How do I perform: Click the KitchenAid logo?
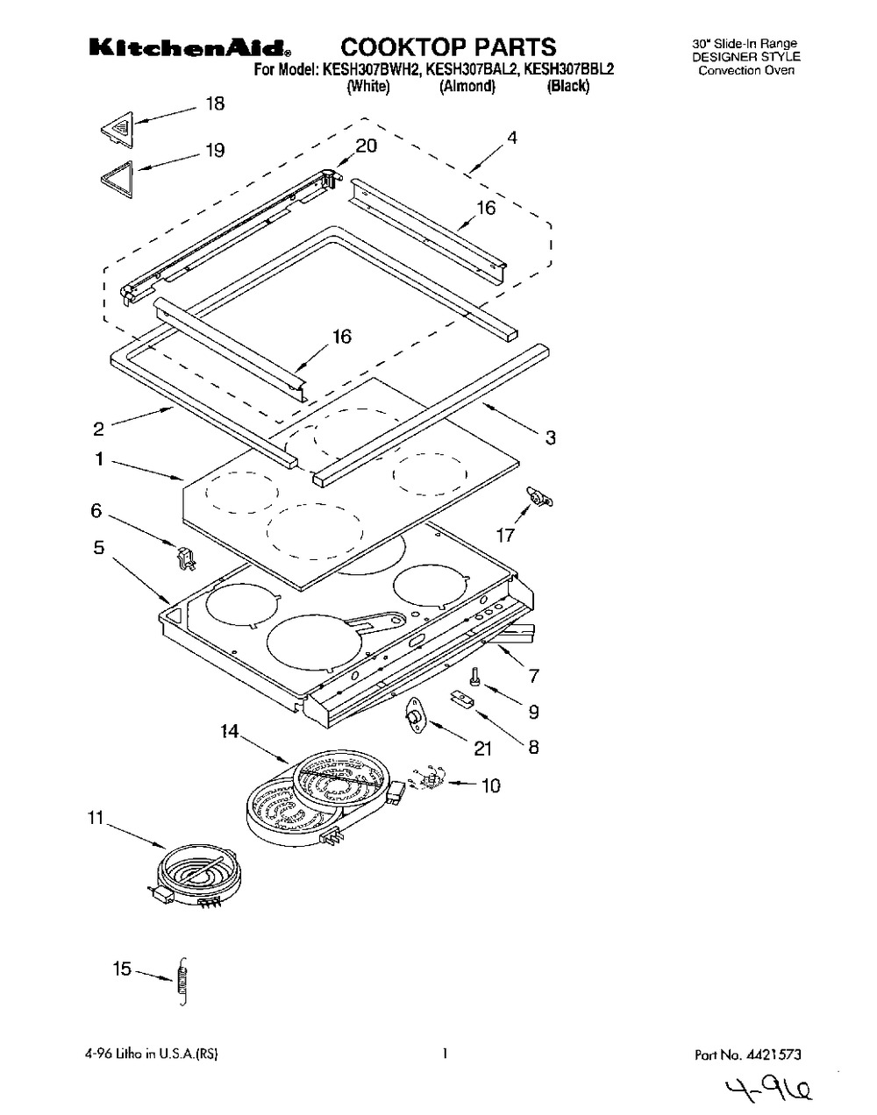click(x=189, y=48)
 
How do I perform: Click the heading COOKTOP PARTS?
click(x=448, y=47)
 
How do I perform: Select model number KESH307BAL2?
click(x=471, y=69)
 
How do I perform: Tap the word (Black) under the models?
click(x=568, y=86)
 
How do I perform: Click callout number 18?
click(x=215, y=103)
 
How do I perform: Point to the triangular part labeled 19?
click(x=118, y=179)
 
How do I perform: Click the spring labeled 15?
click(x=182, y=982)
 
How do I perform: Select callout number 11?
click(x=96, y=818)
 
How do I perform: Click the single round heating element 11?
click(x=196, y=877)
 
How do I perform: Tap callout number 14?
click(x=229, y=732)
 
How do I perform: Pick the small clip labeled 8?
click(x=462, y=699)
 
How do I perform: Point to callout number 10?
click(x=490, y=786)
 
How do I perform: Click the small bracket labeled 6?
click(x=187, y=558)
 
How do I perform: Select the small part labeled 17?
click(x=539, y=496)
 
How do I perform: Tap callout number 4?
click(x=512, y=138)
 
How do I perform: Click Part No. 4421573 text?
click(x=747, y=1054)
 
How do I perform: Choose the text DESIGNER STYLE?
click(x=746, y=57)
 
